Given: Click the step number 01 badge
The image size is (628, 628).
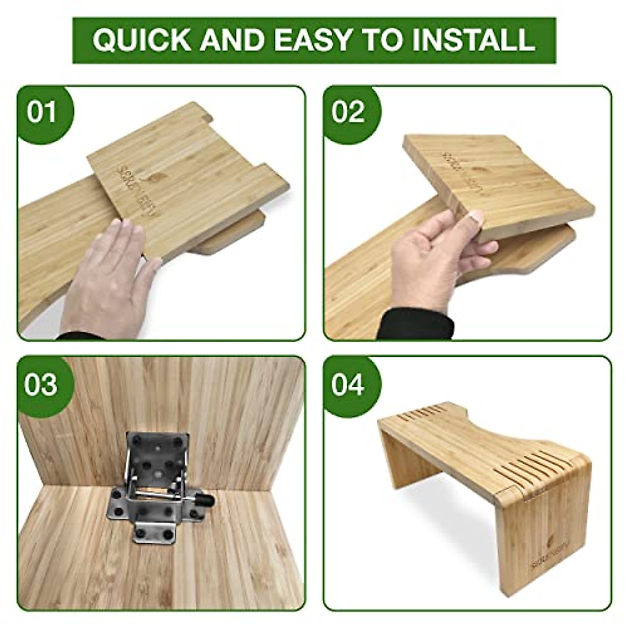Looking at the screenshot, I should (x=42, y=112).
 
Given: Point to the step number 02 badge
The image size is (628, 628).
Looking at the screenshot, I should (x=349, y=112).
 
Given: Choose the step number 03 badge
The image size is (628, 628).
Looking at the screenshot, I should (x=41, y=384).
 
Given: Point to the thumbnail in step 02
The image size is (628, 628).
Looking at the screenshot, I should (x=476, y=218).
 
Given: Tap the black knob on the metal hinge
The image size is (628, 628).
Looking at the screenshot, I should (x=207, y=499).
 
